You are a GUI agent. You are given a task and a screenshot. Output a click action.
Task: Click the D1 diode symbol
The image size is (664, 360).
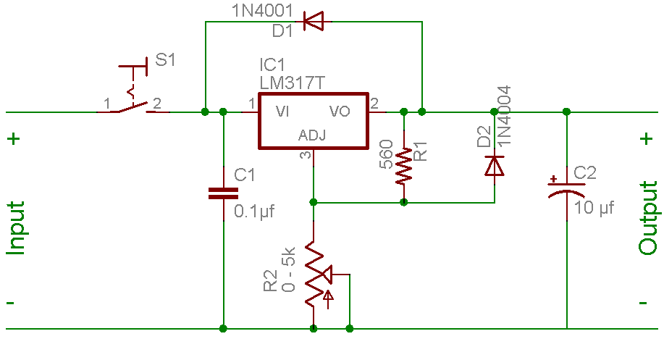[313, 21]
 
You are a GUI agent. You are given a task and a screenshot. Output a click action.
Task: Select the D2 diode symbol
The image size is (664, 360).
[495, 165]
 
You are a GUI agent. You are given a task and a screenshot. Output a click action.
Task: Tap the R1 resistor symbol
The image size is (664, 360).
[404, 164]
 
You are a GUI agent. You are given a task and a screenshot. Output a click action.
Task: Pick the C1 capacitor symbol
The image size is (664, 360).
[223, 193]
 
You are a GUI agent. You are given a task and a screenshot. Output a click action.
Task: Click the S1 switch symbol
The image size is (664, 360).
[133, 101]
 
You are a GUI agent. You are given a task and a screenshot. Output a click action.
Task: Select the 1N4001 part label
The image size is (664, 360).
[262, 11]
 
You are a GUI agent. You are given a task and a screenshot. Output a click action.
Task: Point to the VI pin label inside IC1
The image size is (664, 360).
[282, 112]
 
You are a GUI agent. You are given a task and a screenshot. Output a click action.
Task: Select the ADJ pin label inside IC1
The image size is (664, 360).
[312, 135]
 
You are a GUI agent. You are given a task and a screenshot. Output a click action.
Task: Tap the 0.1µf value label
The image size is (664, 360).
[255, 212]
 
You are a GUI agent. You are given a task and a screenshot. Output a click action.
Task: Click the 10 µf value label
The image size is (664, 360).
[594, 208]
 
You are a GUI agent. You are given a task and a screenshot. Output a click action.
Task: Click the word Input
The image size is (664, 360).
[17, 227]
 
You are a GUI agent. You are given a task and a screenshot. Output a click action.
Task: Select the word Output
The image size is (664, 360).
[648, 217]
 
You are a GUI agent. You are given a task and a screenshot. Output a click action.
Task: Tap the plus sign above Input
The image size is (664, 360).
[14, 138]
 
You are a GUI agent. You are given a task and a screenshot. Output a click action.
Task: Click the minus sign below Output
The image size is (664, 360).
[644, 302]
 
